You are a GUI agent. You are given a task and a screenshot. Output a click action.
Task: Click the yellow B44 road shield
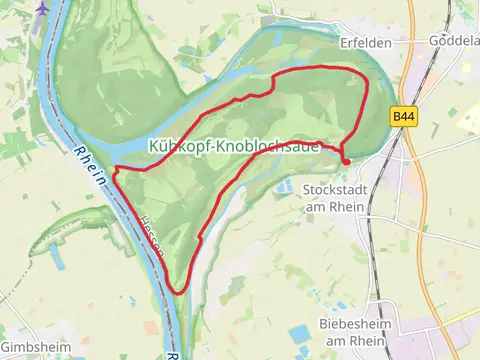[403, 117]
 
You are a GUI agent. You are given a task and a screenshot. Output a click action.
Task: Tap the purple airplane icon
[41, 7]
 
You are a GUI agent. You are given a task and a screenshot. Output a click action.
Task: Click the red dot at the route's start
[346, 161]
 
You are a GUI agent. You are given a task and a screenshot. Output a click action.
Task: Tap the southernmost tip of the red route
[179, 292]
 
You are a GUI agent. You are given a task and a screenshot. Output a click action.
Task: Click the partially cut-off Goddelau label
[459, 43]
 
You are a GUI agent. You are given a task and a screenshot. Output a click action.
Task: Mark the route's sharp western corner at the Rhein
[116, 170]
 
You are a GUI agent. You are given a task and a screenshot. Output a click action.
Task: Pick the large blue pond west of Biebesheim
[300, 334]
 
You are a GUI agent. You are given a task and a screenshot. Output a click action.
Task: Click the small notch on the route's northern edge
[268, 91]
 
